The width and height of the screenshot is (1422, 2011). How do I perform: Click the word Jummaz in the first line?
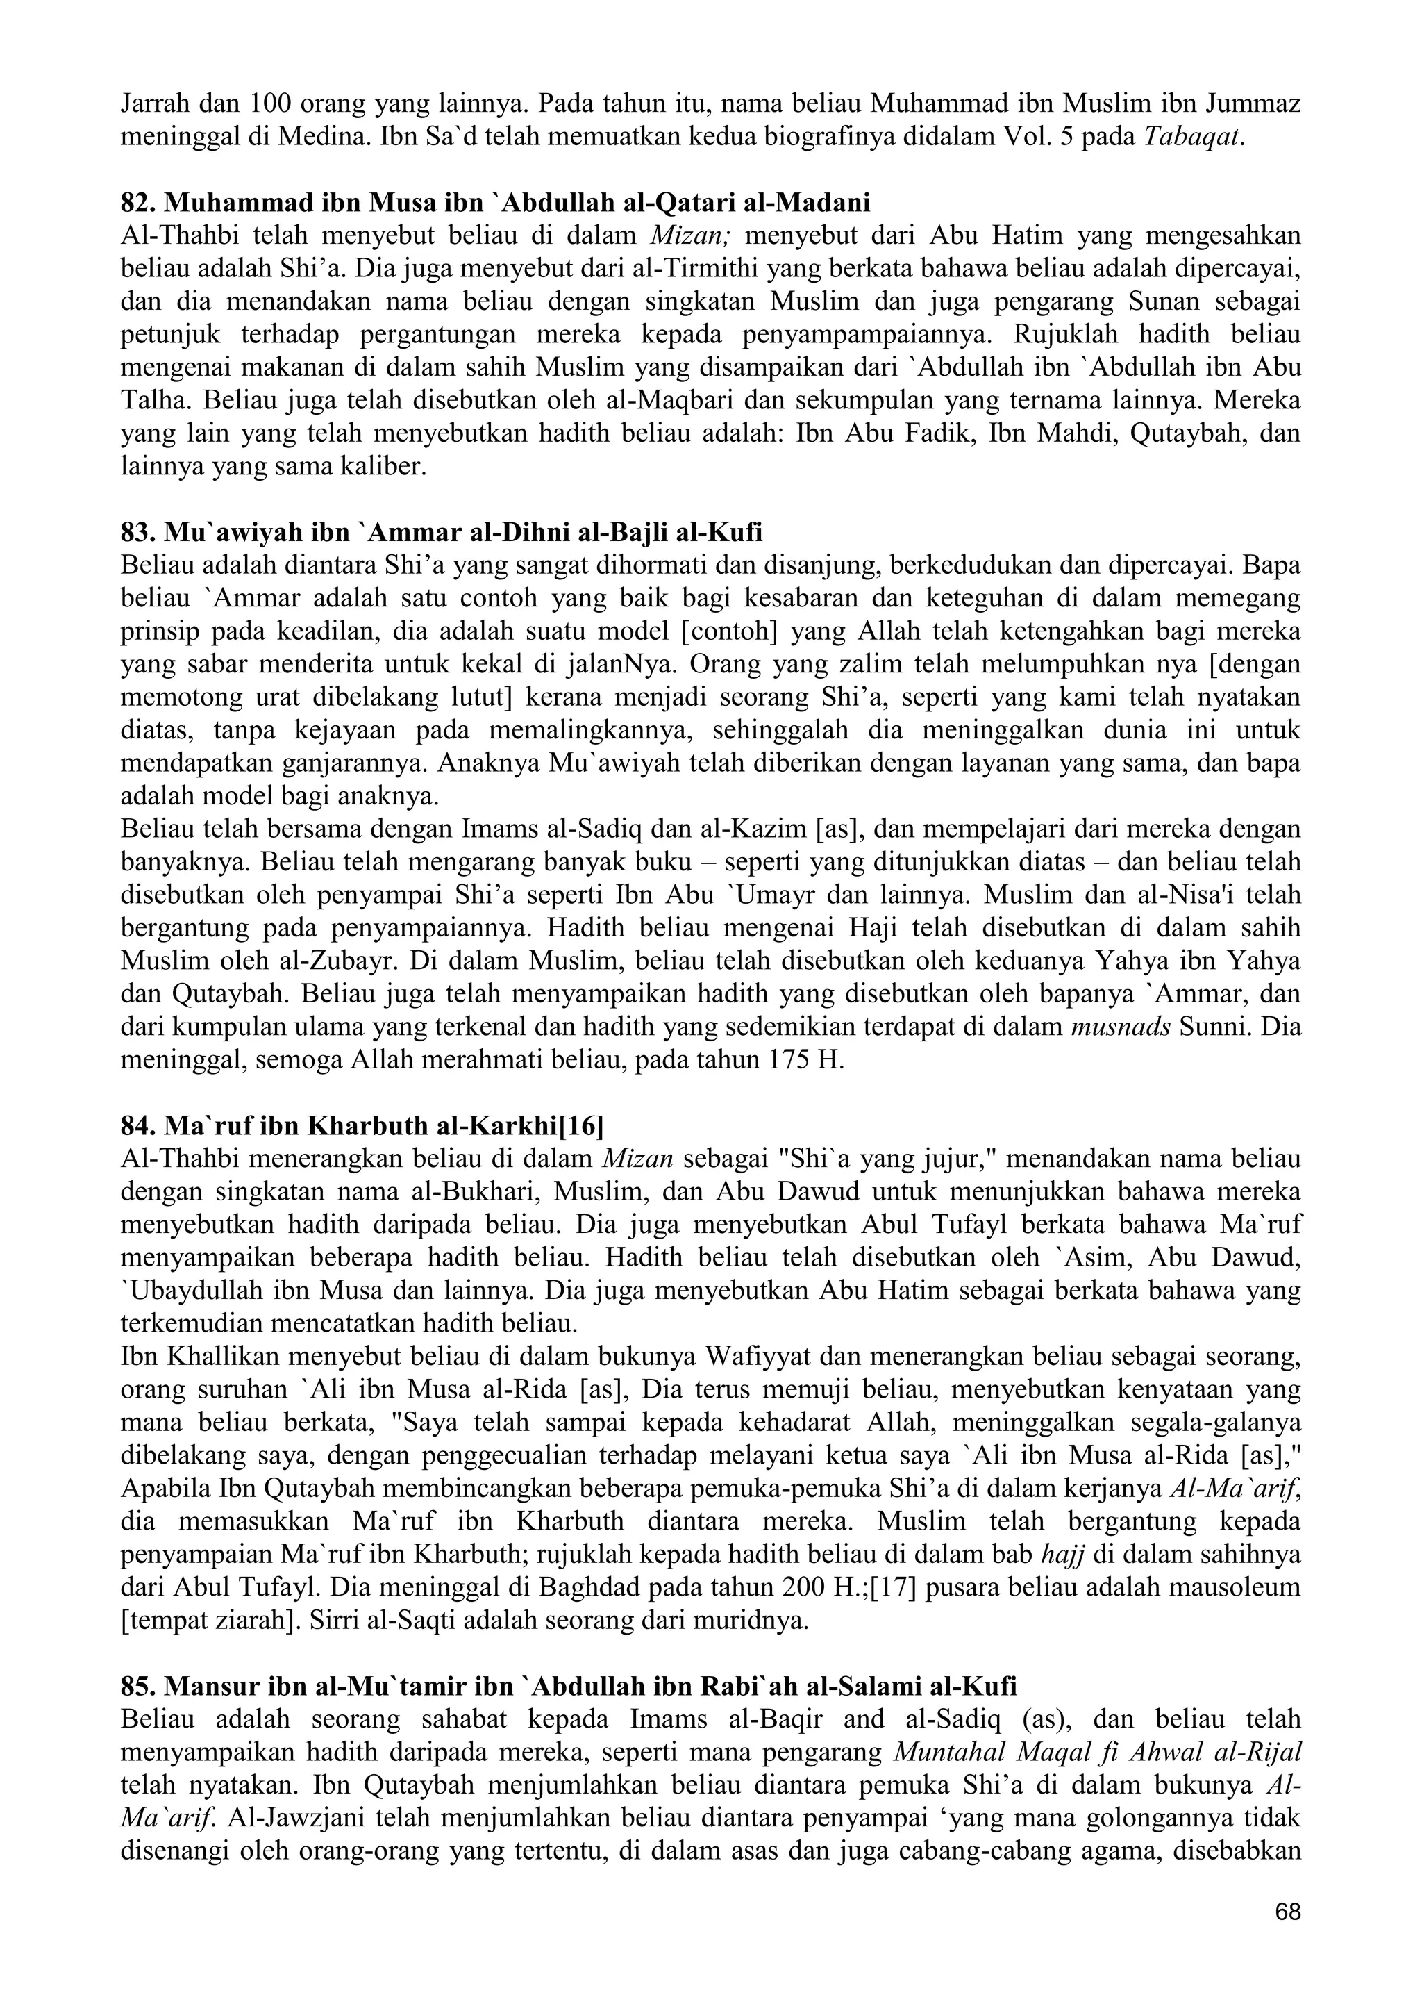(x=1253, y=104)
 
